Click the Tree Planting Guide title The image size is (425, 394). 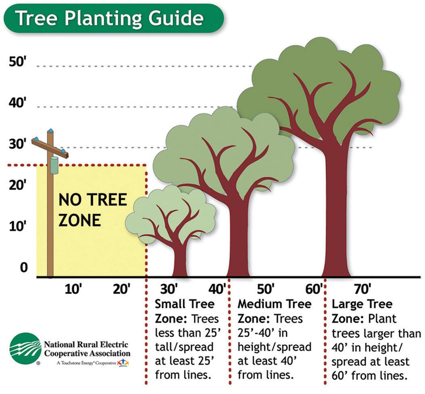(109, 19)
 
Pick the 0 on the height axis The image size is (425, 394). (24, 267)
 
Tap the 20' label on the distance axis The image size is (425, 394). (121, 289)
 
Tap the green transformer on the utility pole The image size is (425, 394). (53, 165)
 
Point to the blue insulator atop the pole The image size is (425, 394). (50, 131)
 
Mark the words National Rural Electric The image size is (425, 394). (86, 345)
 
